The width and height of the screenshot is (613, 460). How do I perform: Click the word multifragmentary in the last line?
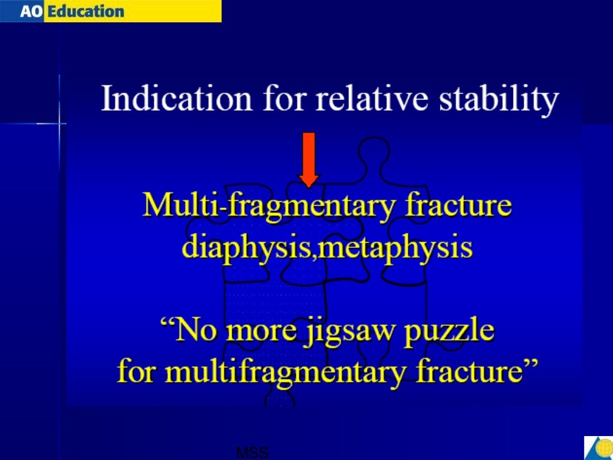tap(294, 373)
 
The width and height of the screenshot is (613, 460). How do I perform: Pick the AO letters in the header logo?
tap(30, 11)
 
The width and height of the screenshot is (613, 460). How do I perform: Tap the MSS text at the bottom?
tap(252, 453)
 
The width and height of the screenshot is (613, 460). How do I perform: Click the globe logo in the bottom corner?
tap(598, 447)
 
